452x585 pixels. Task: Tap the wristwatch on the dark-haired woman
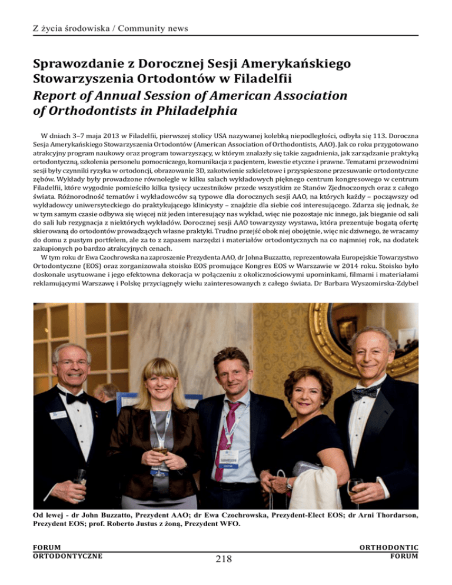(288, 484)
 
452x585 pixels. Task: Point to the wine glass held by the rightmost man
(355, 486)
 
